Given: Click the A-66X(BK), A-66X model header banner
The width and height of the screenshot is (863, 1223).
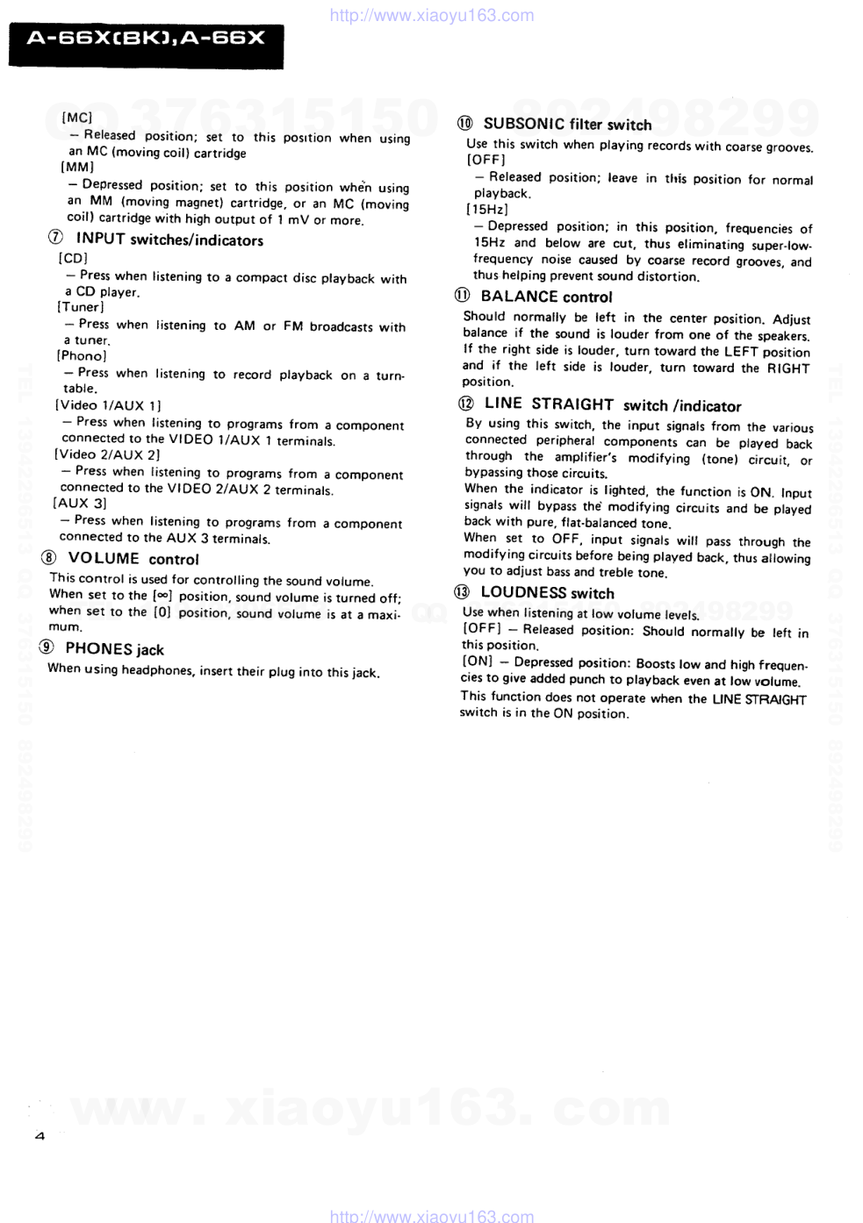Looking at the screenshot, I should pos(146,39).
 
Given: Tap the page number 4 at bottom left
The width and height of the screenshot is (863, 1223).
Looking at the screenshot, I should pos(39,1136).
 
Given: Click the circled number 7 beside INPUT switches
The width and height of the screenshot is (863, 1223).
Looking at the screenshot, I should pos(56,238).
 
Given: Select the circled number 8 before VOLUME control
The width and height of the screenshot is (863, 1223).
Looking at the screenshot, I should pos(49,558).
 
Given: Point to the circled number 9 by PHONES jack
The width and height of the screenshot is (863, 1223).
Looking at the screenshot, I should pos(47,647).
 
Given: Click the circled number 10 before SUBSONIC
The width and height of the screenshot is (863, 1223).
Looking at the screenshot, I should pos(465,124).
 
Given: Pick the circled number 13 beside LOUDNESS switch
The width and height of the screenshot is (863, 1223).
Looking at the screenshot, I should pos(462,592).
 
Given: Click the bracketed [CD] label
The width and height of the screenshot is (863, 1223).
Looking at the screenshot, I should pos(73,259).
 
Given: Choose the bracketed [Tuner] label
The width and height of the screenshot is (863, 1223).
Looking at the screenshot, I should pos(81,307).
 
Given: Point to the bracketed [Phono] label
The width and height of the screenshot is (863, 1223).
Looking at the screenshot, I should pos(82,356).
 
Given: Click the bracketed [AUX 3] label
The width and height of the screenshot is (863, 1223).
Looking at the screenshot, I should pos(80,504).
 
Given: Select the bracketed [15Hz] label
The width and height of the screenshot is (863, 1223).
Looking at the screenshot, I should pos(487,210).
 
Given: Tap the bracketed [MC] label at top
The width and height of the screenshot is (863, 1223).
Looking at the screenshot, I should pos(77,118).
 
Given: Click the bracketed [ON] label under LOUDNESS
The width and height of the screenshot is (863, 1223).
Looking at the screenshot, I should pos(478,662).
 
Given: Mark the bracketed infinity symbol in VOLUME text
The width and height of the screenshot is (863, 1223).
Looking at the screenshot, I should pos(162,596).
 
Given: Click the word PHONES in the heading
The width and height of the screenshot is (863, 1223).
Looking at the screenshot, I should pos(98,649).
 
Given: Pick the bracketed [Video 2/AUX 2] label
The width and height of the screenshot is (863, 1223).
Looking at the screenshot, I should pos(107,454).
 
